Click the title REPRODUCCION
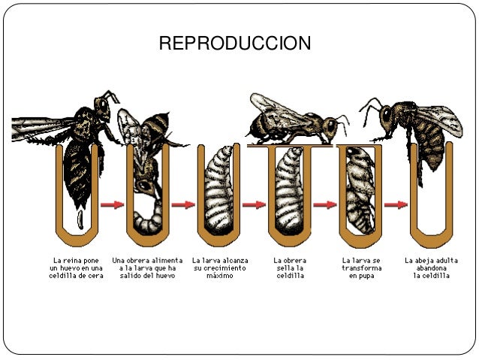click(x=235, y=44)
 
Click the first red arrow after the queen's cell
click(x=113, y=204)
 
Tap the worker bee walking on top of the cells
click(x=293, y=120)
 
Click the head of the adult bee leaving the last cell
click(x=387, y=116)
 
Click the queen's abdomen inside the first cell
click(x=79, y=169)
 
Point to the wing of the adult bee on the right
click(x=439, y=116)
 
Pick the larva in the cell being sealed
click(x=290, y=192)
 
